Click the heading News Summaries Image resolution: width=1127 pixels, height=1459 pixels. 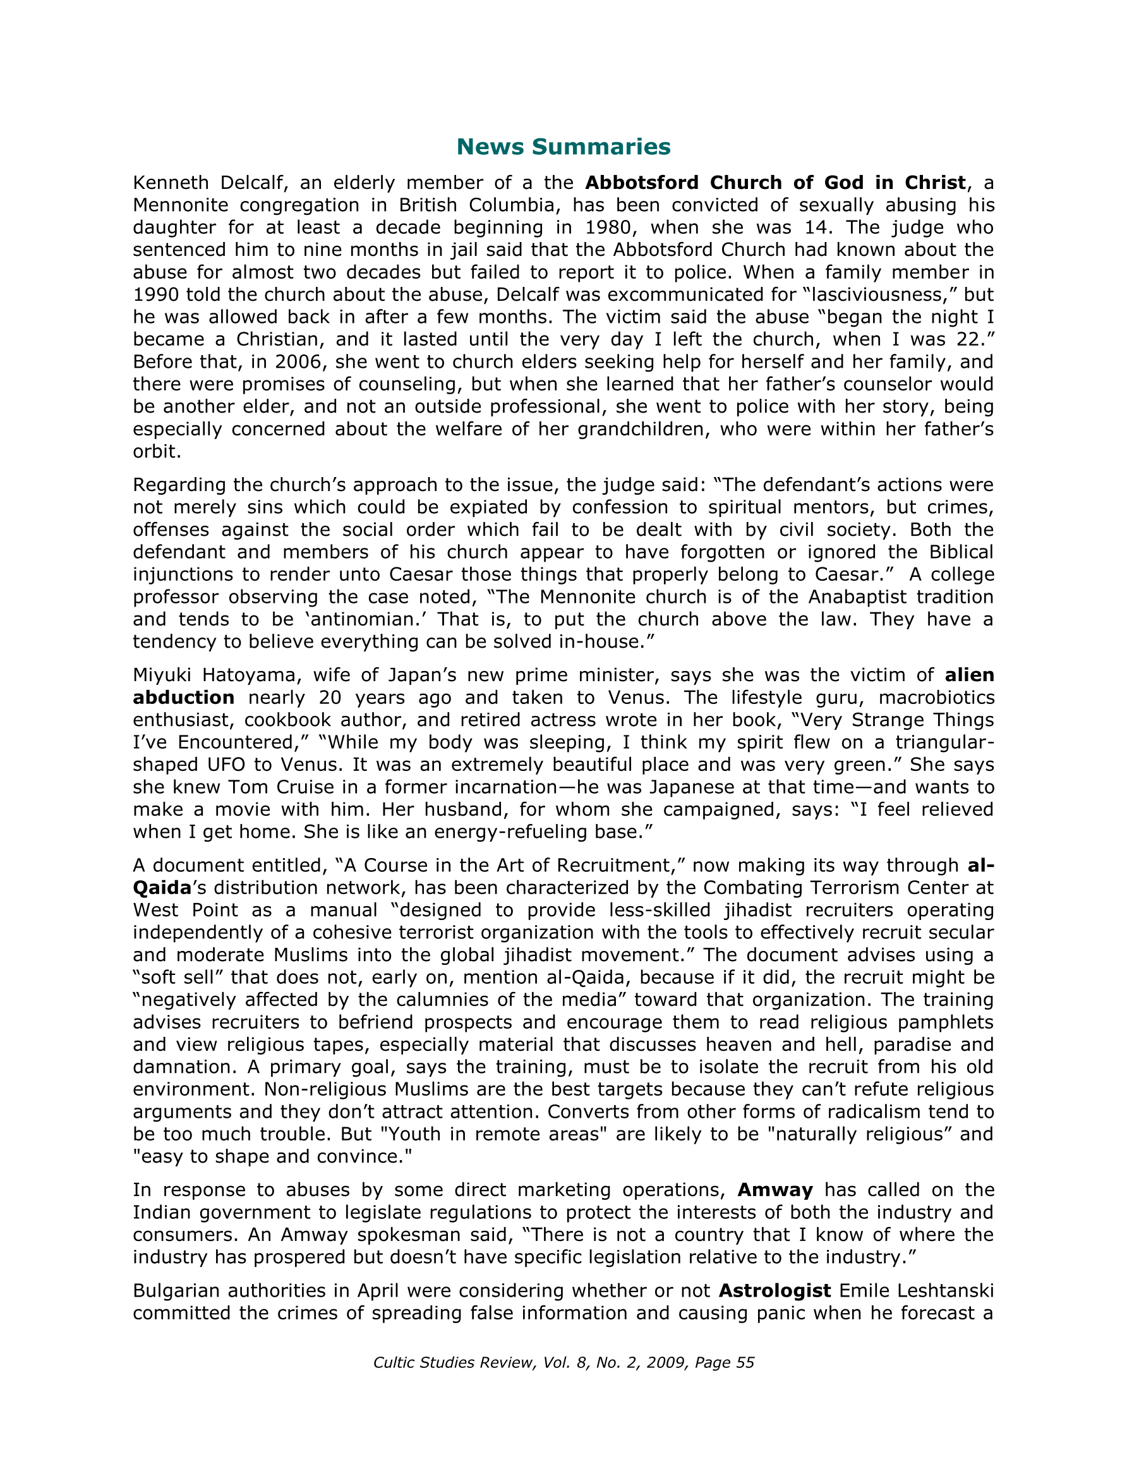point(563,147)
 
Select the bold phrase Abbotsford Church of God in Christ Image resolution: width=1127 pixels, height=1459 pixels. point(775,183)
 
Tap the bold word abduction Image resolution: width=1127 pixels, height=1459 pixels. point(184,698)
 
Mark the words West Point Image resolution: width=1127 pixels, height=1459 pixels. point(186,910)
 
